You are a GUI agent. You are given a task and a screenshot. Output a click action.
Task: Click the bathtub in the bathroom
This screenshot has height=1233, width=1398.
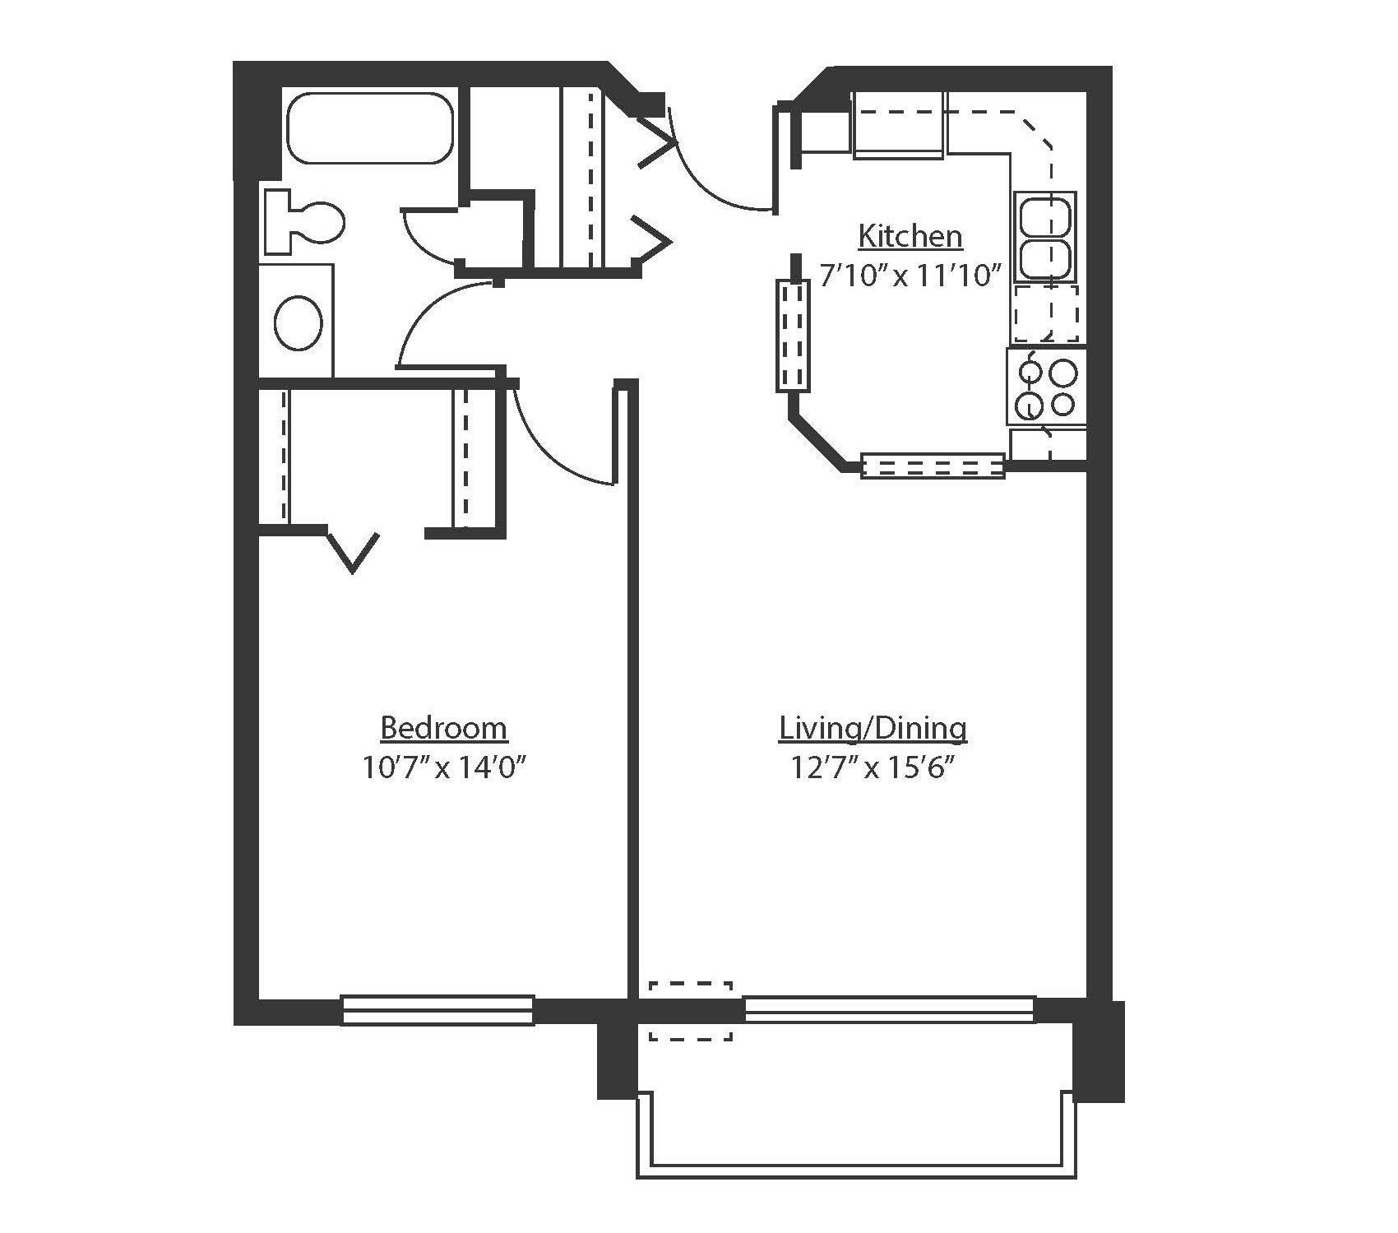pos(369,128)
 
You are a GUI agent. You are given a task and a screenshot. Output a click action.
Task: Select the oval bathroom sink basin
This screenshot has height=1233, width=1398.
pos(298,323)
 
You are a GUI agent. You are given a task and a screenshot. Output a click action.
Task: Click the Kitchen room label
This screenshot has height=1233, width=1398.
pos(910,236)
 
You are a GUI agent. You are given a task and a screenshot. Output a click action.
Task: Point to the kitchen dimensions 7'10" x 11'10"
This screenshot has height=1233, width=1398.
pos(910,275)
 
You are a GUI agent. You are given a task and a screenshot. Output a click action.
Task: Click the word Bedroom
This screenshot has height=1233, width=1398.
pos(443,728)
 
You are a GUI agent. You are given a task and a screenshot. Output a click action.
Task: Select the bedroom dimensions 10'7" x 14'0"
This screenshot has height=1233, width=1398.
pos(443,767)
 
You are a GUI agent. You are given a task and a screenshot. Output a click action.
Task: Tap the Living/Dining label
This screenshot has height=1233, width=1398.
pos(873,728)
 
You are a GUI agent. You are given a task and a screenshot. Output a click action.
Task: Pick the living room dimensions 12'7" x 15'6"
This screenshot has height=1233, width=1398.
pos(873,767)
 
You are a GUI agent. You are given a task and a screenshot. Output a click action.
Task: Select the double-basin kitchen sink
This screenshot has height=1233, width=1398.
pos(1044,237)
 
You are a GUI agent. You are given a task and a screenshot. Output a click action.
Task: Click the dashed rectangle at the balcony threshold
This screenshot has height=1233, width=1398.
pos(690,1010)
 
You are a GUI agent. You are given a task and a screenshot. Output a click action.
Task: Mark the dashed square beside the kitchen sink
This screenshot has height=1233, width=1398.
pos(1045,313)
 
